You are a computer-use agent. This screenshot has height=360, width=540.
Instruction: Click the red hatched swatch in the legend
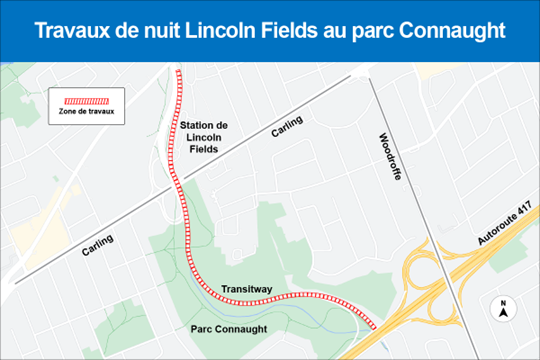tap(86, 101)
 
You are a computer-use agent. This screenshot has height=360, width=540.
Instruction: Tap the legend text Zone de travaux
tap(86, 113)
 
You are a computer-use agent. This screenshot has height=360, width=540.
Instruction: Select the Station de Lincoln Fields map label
tap(204, 136)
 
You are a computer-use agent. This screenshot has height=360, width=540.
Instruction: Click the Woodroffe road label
tap(390, 157)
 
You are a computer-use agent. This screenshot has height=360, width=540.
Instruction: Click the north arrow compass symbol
tap(504, 309)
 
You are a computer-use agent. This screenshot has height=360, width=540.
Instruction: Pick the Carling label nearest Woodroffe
tap(287, 130)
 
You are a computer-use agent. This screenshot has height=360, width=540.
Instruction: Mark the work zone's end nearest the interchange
tap(375, 326)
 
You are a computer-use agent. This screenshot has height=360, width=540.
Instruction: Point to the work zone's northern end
tap(178, 71)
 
